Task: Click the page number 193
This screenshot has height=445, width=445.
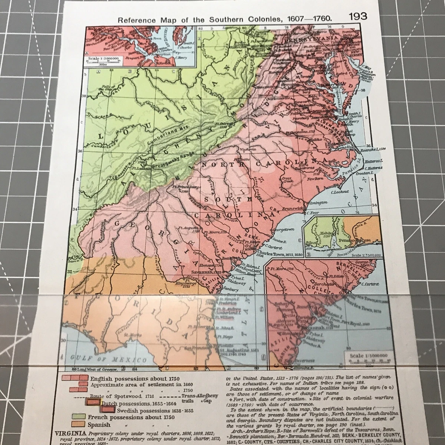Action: point(357,16)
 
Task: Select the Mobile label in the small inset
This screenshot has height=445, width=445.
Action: point(324,234)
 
